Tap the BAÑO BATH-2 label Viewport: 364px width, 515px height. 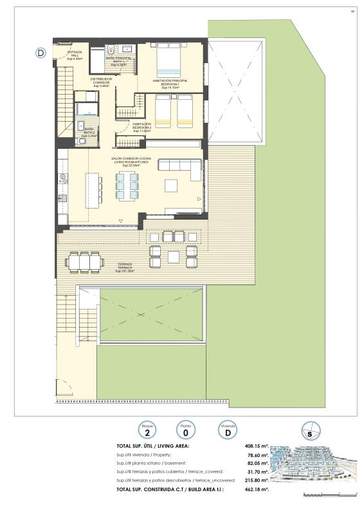(89, 132)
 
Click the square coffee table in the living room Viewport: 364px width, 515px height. (172, 185)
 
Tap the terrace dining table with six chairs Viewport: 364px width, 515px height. (84, 262)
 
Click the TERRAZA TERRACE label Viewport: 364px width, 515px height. (125, 267)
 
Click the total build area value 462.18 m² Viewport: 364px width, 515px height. (254, 489)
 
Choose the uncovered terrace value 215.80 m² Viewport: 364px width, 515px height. (255, 480)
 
